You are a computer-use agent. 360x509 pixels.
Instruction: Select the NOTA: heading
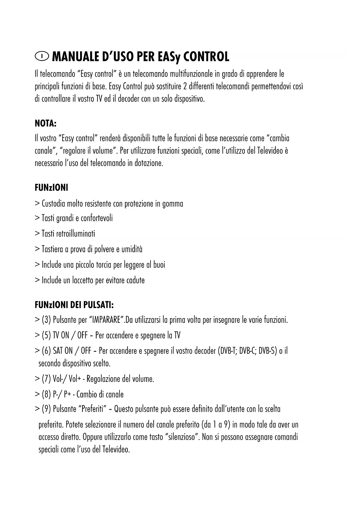[x=46, y=124]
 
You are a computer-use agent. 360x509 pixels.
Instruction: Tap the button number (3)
[x=46, y=320]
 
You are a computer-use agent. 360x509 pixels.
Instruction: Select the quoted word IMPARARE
[x=106, y=320]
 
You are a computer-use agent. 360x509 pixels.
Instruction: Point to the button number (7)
[x=46, y=379]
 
